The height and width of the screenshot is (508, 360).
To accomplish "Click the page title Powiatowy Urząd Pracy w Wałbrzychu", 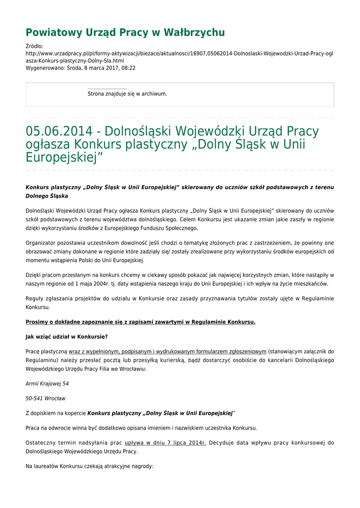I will pyautogui.click(x=125, y=33).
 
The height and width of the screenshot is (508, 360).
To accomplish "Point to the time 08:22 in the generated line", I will pyautogui.click(x=128, y=68).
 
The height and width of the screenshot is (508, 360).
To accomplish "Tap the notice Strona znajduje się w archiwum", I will pyautogui.click(x=127, y=94).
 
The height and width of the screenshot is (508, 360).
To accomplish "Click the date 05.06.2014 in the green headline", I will pyautogui.click(x=59, y=131).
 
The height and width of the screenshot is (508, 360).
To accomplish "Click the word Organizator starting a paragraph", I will pyautogui.click(x=42, y=243).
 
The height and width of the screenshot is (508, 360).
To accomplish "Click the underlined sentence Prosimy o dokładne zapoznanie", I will pyautogui.click(x=141, y=322).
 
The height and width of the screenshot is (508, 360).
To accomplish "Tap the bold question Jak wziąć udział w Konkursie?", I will pyautogui.click(x=67, y=336).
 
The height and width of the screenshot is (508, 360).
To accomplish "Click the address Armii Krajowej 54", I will pyautogui.click(x=47, y=383).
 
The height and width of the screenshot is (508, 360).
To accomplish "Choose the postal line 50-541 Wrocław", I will pyautogui.click(x=45, y=398).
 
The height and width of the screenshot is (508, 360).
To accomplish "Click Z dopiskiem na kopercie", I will pyautogui.click(x=56, y=413).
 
